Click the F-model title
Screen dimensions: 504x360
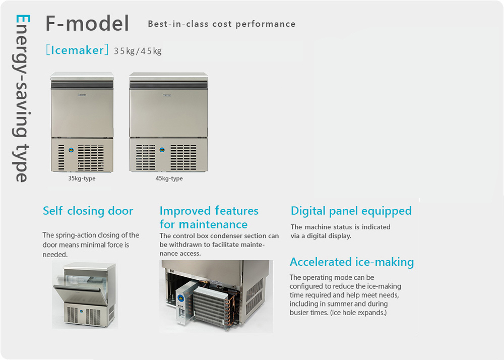[x=87, y=24]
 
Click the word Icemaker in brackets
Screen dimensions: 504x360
[x=77, y=50]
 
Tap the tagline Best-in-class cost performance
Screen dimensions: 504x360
[x=221, y=24]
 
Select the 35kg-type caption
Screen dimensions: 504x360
[x=82, y=178]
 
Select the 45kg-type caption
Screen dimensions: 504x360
[x=169, y=178]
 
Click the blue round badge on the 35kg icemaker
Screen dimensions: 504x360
[x=71, y=150]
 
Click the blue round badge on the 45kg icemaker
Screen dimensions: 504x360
[x=162, y=150]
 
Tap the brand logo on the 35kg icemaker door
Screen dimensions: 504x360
[x=82, y=95]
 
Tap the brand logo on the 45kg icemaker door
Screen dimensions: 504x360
[x=167, y=95]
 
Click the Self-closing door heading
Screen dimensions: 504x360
[x=88, y=211]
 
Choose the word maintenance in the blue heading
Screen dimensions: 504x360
[x=213, y=224]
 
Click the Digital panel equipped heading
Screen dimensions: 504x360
[x=351, y=211]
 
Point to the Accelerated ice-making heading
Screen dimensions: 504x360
[x=352, y=262]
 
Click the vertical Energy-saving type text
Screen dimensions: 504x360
[x=22, y=98]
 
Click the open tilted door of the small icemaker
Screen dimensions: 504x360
[x=80, y=292]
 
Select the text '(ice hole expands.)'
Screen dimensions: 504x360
[x=358, y=313]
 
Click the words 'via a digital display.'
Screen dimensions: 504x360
[x=321, y=236]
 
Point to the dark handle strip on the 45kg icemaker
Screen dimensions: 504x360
[x=169, y=85]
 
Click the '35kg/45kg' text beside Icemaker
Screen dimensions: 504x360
[x=138, y=51]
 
